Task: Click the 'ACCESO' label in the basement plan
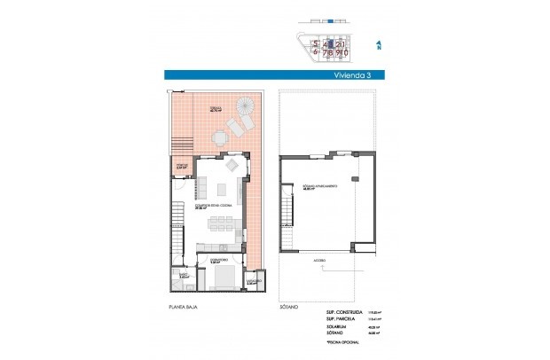(318, 261)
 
